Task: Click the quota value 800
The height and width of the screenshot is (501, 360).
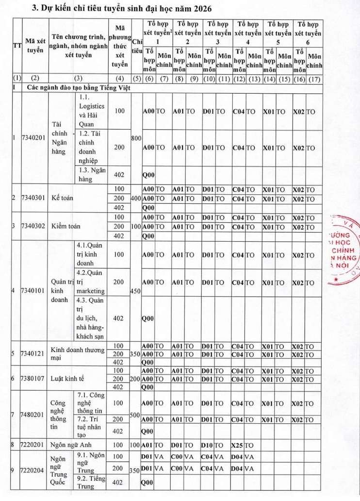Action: tap(136, 138)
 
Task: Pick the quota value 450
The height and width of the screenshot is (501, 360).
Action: tap(136, 291)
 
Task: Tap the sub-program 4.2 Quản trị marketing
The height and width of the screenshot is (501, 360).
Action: tap(90, 282)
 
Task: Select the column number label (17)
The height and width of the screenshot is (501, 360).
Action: tap(314, 78)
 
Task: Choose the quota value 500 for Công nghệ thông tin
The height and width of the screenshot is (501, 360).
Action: tap(136, 415)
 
